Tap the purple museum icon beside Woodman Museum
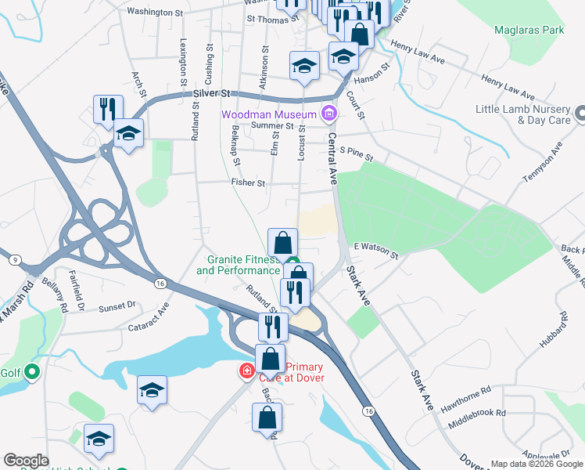pos(329,114)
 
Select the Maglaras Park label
pos(529,31)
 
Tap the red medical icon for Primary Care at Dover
pos(247,371)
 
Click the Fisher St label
pos(248,183)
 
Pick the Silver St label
pos(214,93)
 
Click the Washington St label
pos(155,12)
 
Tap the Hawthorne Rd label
pos(466,394)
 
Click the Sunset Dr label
pos(117,306)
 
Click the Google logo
pos(26,461)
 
